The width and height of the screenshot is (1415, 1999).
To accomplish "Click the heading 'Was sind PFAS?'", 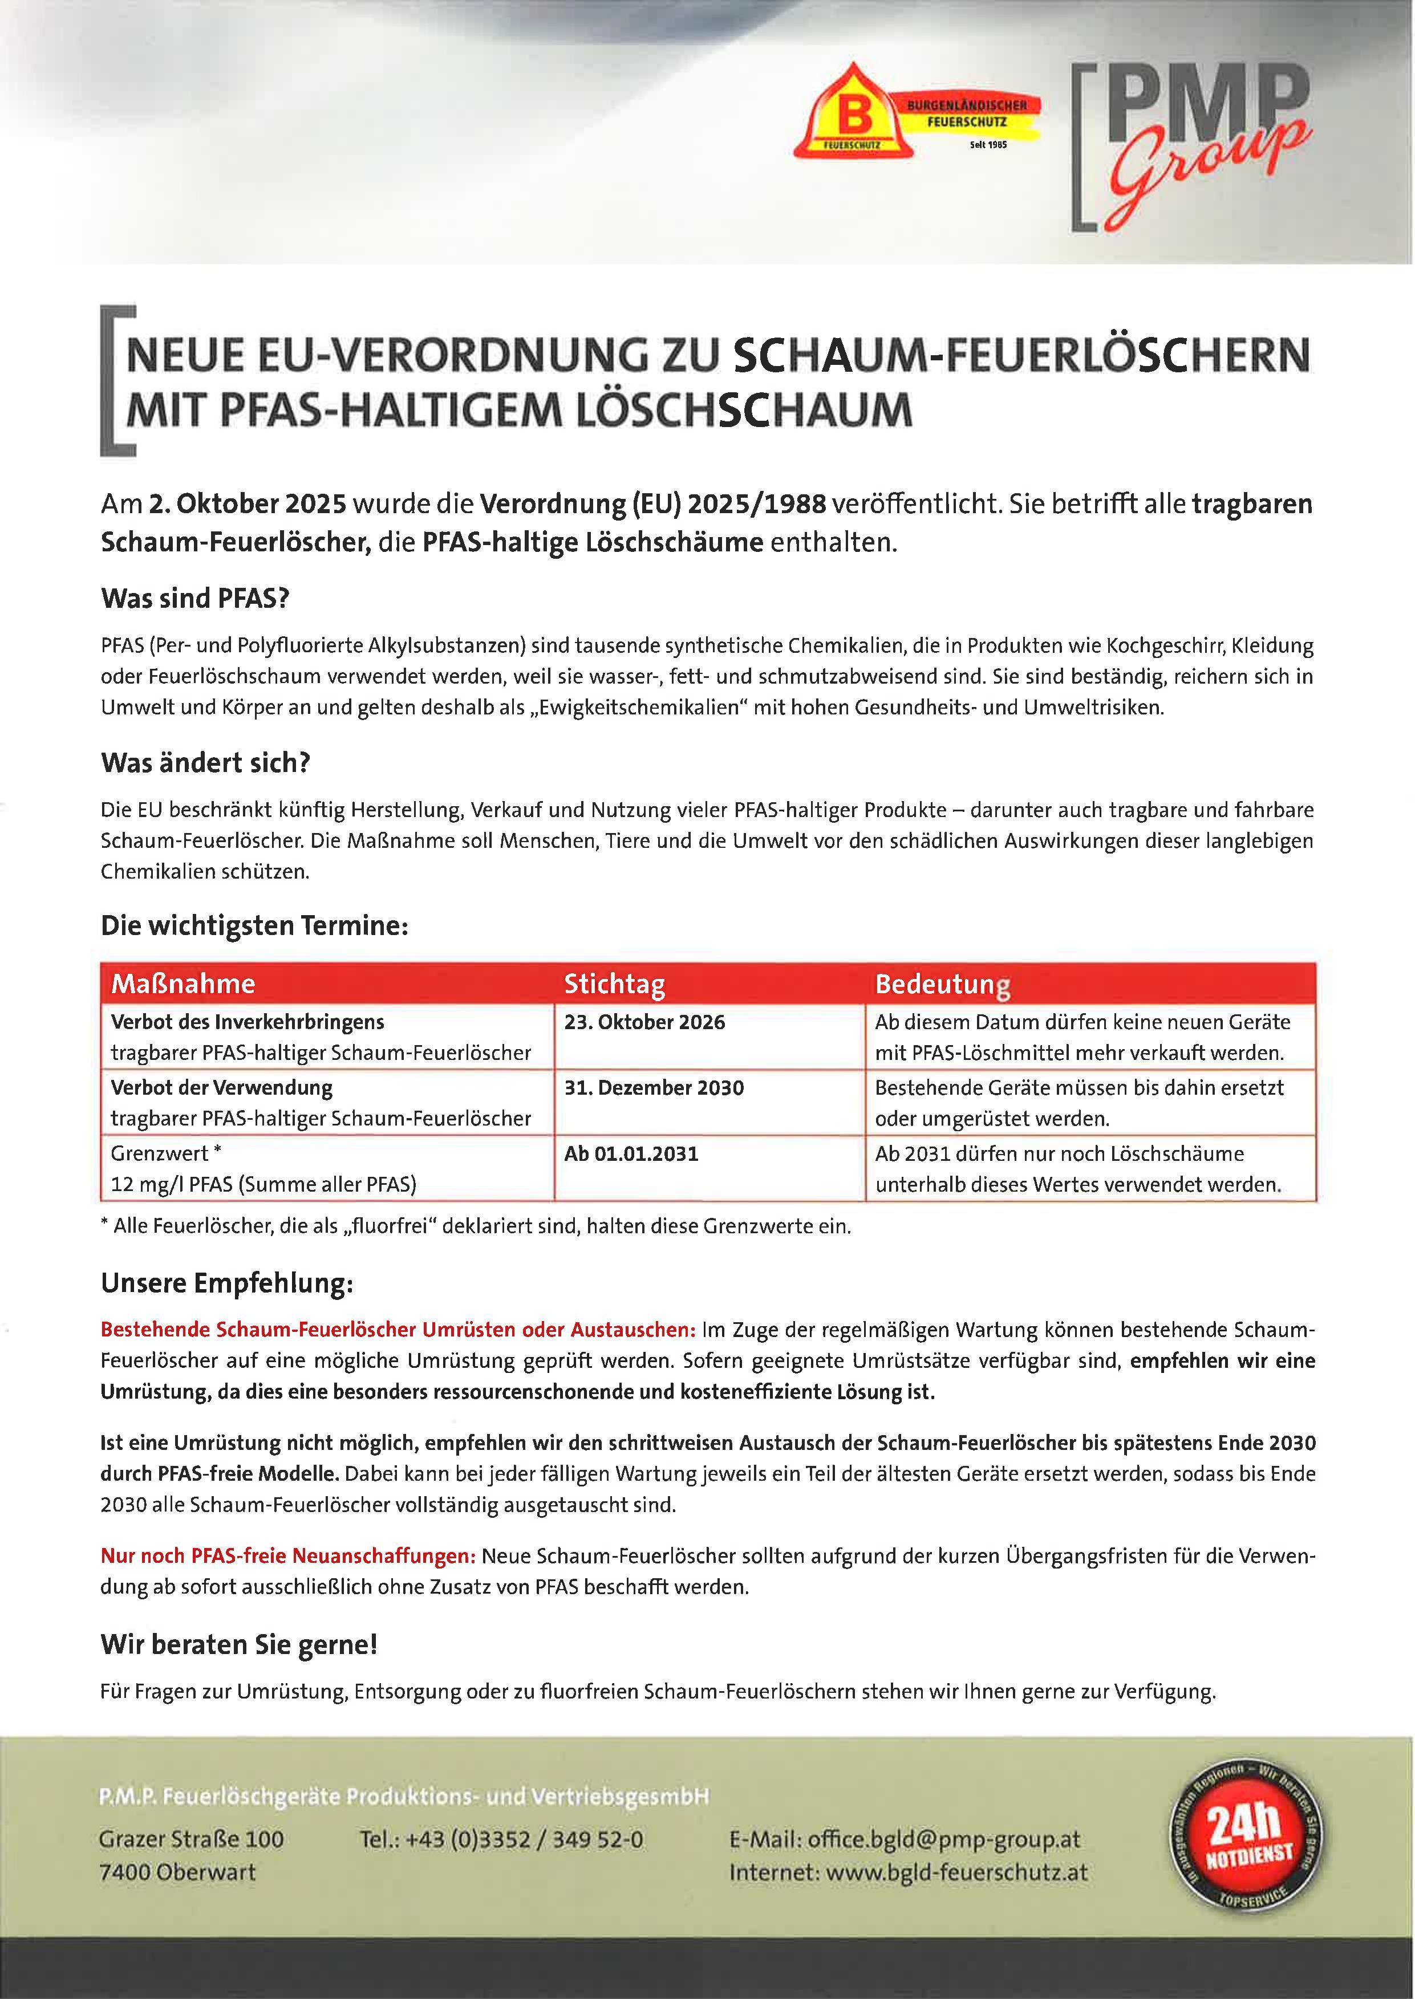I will [x=194, y=599].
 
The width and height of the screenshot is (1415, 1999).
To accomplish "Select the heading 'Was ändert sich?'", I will [x=206, y=763].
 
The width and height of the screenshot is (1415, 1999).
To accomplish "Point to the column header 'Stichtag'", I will [x=614, y=984].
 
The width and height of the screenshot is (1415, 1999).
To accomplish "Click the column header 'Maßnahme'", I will [x=183, y=984].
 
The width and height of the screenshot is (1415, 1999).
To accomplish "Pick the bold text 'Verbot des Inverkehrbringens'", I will [x=248, y=1022].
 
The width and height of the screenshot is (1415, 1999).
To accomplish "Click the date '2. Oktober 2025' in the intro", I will [x=248, y=505].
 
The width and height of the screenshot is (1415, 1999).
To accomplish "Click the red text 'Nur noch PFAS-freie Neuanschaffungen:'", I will [x=287, y=1555].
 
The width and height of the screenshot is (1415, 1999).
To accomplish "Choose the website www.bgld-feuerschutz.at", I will [x=956, y=1872].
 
